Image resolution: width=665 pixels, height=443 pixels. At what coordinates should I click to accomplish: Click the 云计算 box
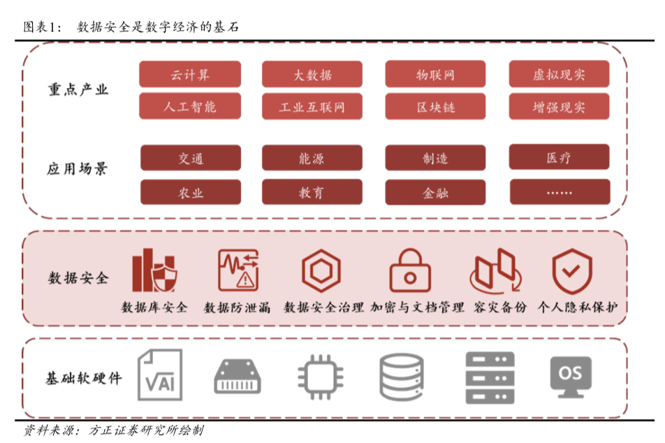tap(190, 74)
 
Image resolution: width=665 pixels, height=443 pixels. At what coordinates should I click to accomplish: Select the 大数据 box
tap(312, 74)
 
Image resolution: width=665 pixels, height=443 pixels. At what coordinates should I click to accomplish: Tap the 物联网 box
tap(435, 74)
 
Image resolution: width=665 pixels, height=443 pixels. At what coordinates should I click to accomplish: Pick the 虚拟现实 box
tap(559, 74)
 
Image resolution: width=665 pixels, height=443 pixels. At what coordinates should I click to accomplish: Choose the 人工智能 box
tap(190, 107)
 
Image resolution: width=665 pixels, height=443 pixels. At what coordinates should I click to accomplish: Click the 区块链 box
tap(435, 107)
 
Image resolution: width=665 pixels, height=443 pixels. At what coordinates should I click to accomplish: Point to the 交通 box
tap(190, 158)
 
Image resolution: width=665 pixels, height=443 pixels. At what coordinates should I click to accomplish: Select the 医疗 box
tap(559, 158)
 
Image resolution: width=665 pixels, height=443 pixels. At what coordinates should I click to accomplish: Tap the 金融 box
tap(435, 192)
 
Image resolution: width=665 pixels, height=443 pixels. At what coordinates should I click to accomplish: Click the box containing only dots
tap(559, 192)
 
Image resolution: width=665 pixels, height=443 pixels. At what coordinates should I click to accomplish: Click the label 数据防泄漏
tap(237, 307)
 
